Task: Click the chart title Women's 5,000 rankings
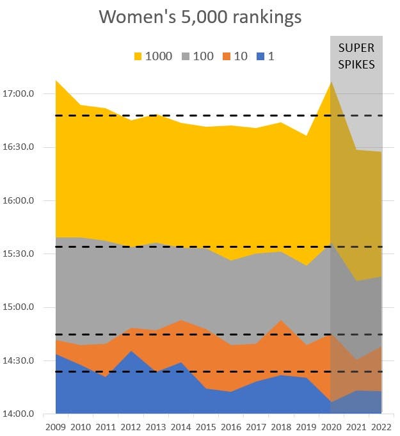tap(200, 17)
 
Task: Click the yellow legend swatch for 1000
tap(138, 56)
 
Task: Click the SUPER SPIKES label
tap(356, 56)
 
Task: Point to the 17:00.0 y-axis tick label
tap(19, 94)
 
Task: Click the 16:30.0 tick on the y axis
tap(19, 147)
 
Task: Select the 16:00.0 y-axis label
tap(19, 200)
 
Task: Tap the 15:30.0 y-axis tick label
tap(19, 254)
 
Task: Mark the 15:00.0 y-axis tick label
tap(19, 307)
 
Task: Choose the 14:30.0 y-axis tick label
tap(19, 360)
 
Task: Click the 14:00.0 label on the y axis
tap(19, 414)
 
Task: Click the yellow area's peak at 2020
tap(331, 82)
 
